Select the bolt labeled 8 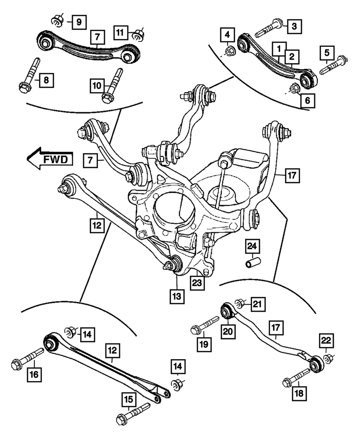(x=30, y=74)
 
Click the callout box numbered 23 (x=197, y=282)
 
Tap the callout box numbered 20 (x=228, y=332)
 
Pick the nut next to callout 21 (x=240, y=303)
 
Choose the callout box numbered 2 (x=292, y=55)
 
